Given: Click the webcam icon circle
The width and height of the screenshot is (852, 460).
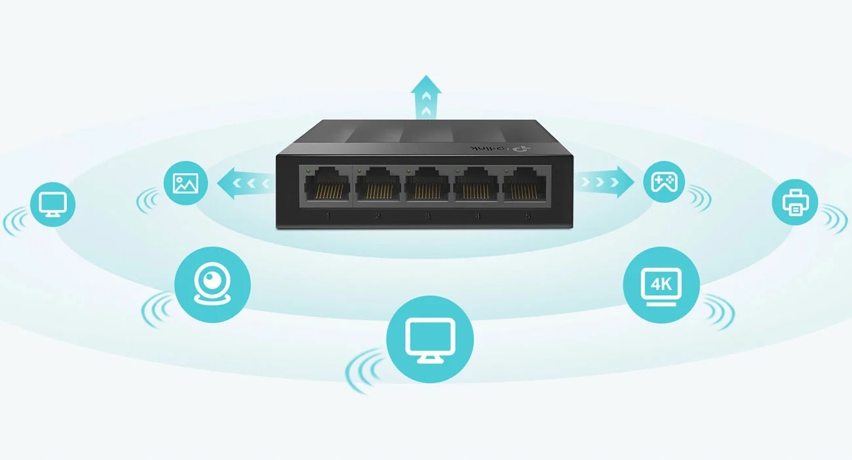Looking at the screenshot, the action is pos(212,284).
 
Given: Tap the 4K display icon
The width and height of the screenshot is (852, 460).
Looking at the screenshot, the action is pos(661,284).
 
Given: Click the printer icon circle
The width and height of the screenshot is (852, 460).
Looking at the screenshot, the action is pos(795,201).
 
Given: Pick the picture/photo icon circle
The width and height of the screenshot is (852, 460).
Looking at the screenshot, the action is pos(185,182).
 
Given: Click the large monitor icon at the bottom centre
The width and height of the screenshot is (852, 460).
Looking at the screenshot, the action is pos(430,339).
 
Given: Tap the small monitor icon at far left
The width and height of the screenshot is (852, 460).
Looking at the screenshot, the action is pos(52,204).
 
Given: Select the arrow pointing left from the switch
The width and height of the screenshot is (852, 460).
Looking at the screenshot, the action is pos(243,182).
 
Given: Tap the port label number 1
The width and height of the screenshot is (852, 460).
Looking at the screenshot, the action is pos(327,215).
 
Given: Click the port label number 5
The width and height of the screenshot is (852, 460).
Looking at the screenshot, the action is pos(528,215).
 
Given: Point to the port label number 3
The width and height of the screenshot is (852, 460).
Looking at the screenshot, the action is pos(427,215).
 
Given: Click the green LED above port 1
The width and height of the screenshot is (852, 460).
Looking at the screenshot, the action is pos(307,170).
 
